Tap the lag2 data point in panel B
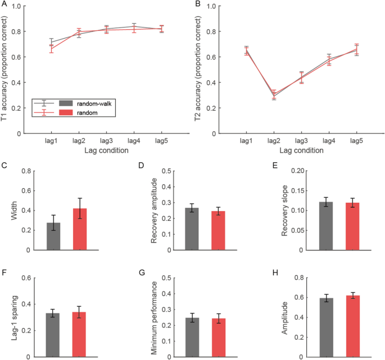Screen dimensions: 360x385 pos(273,95)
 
